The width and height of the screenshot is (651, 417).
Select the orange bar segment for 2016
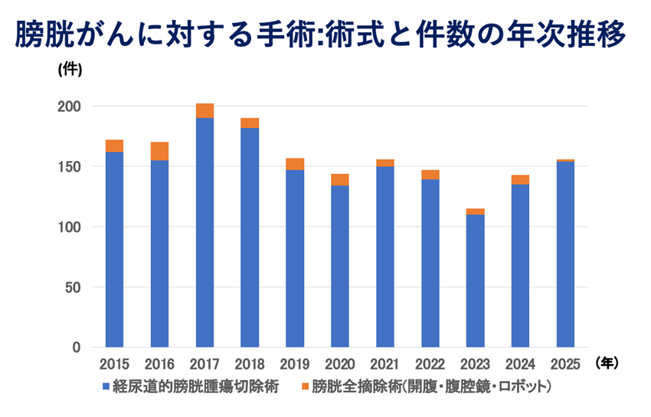[159, 151]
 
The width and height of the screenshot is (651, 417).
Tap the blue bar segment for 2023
[476, 281]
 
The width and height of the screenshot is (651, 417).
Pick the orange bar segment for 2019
[295, 164]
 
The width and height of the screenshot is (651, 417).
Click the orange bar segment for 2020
[340, 179]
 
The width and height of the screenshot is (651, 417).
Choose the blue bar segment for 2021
[385, 257]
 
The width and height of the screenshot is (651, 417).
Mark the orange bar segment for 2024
[520, 179]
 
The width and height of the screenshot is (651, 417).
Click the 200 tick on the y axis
[70, 107]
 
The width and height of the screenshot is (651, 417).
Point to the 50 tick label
[74, 287]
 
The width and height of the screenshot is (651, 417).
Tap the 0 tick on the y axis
[77, 348]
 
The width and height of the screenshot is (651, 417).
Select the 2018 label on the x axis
[250, 363]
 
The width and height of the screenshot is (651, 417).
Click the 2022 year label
[430, 363]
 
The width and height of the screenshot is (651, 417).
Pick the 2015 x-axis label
[114, 363]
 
